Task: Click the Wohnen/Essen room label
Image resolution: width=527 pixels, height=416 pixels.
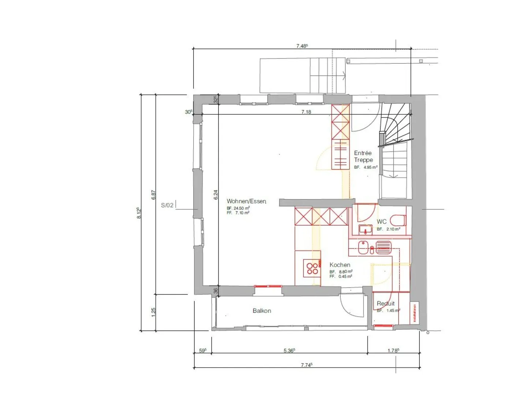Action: [x=246, y=201]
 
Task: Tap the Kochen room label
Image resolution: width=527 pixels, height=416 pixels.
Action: [x=340, y=265]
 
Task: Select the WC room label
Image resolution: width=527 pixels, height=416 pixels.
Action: [x=381, y=222]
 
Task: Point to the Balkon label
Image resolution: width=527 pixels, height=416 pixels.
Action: [x=262, y=311]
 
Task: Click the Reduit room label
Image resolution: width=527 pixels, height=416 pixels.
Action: [x=386, y=303]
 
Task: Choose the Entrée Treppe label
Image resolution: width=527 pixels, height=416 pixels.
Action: [x=363, y=157]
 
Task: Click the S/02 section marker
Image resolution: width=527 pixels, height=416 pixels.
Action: [x=167, y=205]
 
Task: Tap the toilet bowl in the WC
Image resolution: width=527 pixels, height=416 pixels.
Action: [x=398, y=221]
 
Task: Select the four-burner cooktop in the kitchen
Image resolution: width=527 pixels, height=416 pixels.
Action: [x=313, y=269]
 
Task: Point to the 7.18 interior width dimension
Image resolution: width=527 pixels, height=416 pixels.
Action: [x=306, y=112]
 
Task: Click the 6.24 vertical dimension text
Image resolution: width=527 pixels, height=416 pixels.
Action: [x=216, y=195]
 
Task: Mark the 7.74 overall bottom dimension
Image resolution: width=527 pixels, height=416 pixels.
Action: [x=306, y=365]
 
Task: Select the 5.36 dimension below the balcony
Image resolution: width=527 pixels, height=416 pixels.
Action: [x=289, y=351]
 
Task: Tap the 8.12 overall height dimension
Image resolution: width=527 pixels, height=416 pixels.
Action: [x=139, y=213]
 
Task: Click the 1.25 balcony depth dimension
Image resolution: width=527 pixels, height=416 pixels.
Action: [x=153, y=312]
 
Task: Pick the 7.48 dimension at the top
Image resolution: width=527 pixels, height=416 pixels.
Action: [x=302, y=46]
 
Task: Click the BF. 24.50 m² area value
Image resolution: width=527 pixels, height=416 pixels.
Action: [x=238, y=208]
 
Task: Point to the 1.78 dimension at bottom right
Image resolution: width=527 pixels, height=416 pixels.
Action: [x=393, y=351]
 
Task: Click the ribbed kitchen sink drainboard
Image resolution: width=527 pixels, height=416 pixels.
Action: [x=384, y=247]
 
